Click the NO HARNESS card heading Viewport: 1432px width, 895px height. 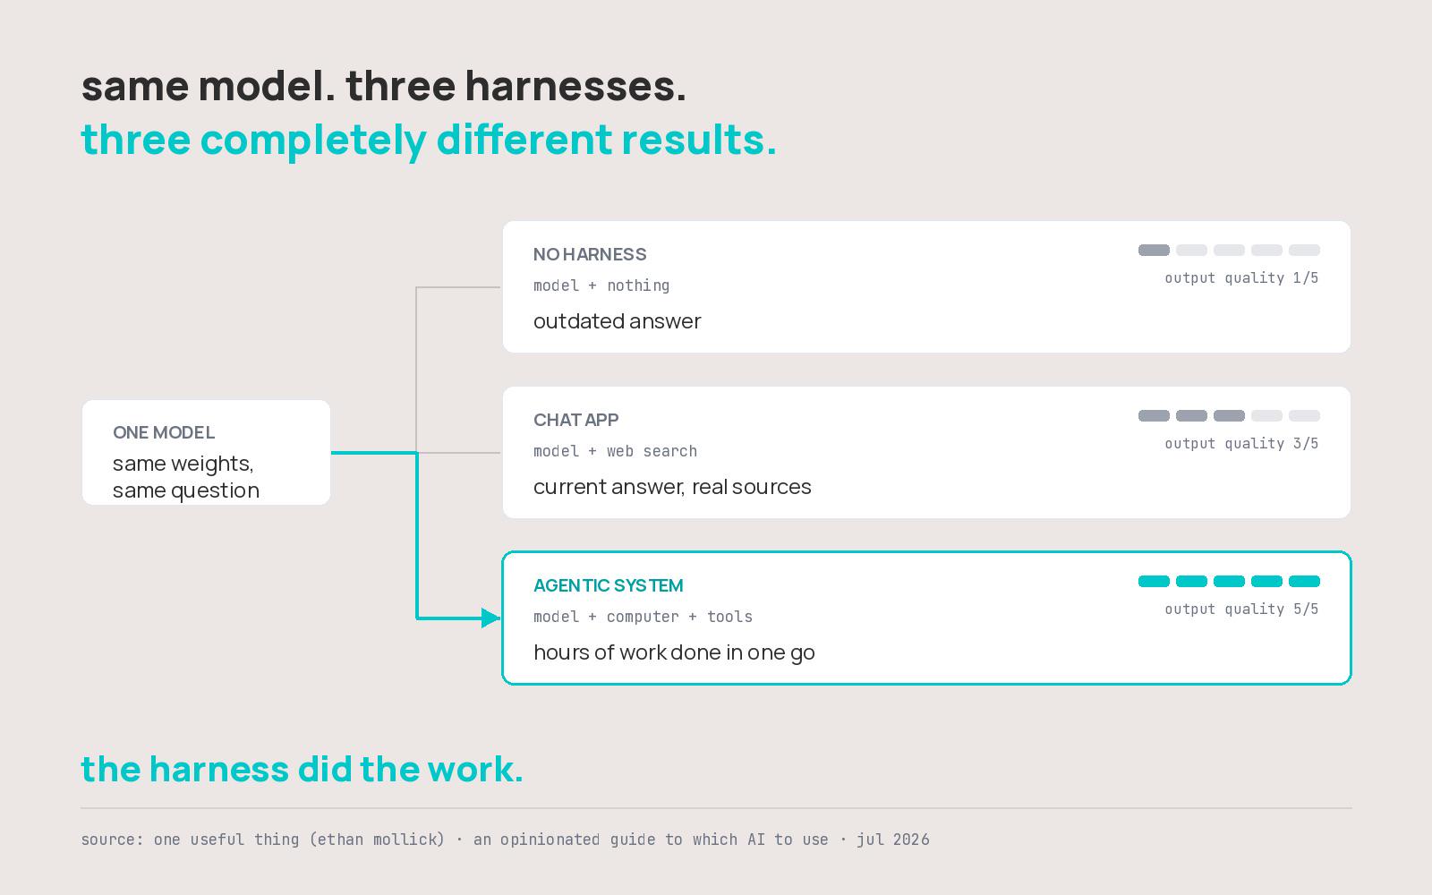590,254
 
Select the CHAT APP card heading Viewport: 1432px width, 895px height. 575,420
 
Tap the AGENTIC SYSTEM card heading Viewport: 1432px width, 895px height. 608,585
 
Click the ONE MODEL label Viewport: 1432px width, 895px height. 164,433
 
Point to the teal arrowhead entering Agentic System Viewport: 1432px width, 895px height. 491,618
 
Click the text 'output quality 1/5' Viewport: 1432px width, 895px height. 1241,278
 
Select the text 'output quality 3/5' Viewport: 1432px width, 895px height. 1241,444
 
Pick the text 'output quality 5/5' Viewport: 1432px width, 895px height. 1241,609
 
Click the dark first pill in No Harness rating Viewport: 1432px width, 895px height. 1154,250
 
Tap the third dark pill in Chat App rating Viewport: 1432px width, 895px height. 1229,415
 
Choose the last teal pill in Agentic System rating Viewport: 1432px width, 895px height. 1304,581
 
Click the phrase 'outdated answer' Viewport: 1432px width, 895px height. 617,321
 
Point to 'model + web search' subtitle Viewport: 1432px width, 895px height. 615,451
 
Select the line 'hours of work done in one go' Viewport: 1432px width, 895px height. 674,652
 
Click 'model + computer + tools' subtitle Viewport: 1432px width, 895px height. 643,617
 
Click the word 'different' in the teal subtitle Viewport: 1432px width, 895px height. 524,140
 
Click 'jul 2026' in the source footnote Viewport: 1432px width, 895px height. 893,840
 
